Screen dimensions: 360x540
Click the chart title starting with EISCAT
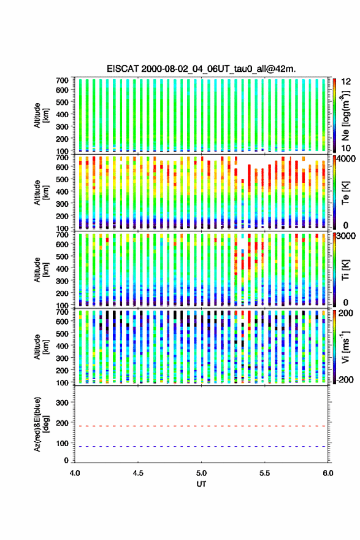coord(201,69)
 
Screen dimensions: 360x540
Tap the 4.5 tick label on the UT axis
coord(138,473)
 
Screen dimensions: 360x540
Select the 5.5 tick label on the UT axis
coord(265,473)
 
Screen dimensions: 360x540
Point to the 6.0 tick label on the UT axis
coord(328,473)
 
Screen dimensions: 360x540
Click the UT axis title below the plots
coord(201,484)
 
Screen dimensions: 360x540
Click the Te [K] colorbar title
coord(345,193)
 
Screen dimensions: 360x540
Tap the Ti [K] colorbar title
coord(345,270)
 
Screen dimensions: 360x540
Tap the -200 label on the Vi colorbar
coord(344,380)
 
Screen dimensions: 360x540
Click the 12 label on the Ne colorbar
coord(346,82)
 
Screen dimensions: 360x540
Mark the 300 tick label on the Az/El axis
coord(62,403)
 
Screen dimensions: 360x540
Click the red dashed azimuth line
coord(201,426)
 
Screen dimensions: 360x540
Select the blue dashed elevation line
coord(201,446)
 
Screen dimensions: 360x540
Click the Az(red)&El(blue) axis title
coord(41,424)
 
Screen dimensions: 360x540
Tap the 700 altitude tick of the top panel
coord(62,80)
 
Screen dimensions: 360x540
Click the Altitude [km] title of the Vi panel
coord(41,347)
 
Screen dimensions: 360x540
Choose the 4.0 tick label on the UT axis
coord(75,473)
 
